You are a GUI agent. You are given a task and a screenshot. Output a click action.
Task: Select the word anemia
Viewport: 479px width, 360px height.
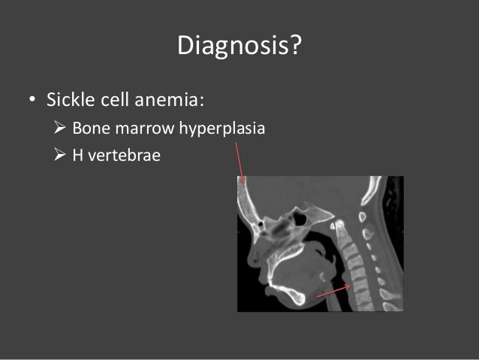coord(177,100)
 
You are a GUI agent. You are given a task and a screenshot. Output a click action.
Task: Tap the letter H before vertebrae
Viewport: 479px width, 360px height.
coord(77,159)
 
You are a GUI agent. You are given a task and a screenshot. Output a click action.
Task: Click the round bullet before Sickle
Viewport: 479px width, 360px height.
coord(32,101)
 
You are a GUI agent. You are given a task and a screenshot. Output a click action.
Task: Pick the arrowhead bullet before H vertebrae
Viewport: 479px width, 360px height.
coord(60,159)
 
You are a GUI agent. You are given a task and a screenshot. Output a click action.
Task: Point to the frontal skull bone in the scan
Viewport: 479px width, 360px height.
coord(243,197)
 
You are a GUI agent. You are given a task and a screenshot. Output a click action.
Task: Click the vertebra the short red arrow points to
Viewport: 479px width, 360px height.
coord(359,285)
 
